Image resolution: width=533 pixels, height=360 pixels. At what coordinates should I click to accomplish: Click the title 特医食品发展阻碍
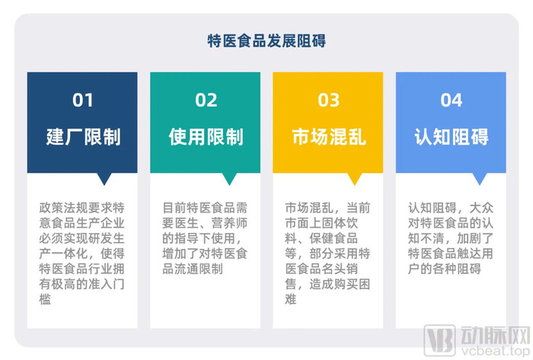pyautogui.click(x=266, y=41)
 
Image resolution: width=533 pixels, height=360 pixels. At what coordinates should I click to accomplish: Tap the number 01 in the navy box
pyautogui.click(x=82, y=100)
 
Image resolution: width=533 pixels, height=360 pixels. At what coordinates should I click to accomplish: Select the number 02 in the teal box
pyautogui.click(x=206, y=100)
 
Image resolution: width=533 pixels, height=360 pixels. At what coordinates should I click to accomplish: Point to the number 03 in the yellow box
pyautogui.click(x=328, y=100)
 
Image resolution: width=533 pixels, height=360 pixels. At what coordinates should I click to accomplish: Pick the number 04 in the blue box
pyautogui.click(x=452, y=100)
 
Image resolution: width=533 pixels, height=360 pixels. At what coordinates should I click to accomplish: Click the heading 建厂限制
pyautogui.click(x=83, y=137)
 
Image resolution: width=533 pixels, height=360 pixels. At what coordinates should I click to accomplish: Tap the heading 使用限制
pyautogui.click(x=206, y=137)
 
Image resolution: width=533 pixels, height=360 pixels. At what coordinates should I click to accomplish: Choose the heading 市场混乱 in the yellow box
pyautogui.click(x=329, y=137)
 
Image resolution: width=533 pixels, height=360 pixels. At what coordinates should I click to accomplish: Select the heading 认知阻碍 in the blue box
pyautogui.click(x=452, y=137)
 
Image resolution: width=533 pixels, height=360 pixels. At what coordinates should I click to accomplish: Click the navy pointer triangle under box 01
pyautogui.click(x=104, y=177)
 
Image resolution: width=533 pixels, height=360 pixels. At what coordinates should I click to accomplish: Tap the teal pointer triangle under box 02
pyautogui.click(x=229, y=177)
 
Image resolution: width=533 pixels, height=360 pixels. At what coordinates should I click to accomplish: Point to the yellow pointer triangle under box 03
pyautogui.click(x=355, y=177)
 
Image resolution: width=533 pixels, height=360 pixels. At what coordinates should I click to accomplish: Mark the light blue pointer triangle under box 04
pyautogui.click(x=480, y=177)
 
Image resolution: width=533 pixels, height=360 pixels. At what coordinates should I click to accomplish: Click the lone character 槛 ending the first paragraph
pyautogui.click(x=45, y=299)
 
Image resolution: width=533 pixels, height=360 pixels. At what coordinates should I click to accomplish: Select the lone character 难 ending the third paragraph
pyautogui.click(x=291, y=299)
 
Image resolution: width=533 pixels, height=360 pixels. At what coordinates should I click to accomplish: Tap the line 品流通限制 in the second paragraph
pyautogui.click(x=193, y=269)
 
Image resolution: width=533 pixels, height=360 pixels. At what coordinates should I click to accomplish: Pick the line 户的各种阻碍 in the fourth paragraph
pyautogui.click(x=444, y=269)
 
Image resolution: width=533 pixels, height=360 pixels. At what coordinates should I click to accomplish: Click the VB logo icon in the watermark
pyautogui.click(x=439, y=340)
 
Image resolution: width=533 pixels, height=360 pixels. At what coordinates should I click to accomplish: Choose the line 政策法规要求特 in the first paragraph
pyautogui.click(x=82, y=208)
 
